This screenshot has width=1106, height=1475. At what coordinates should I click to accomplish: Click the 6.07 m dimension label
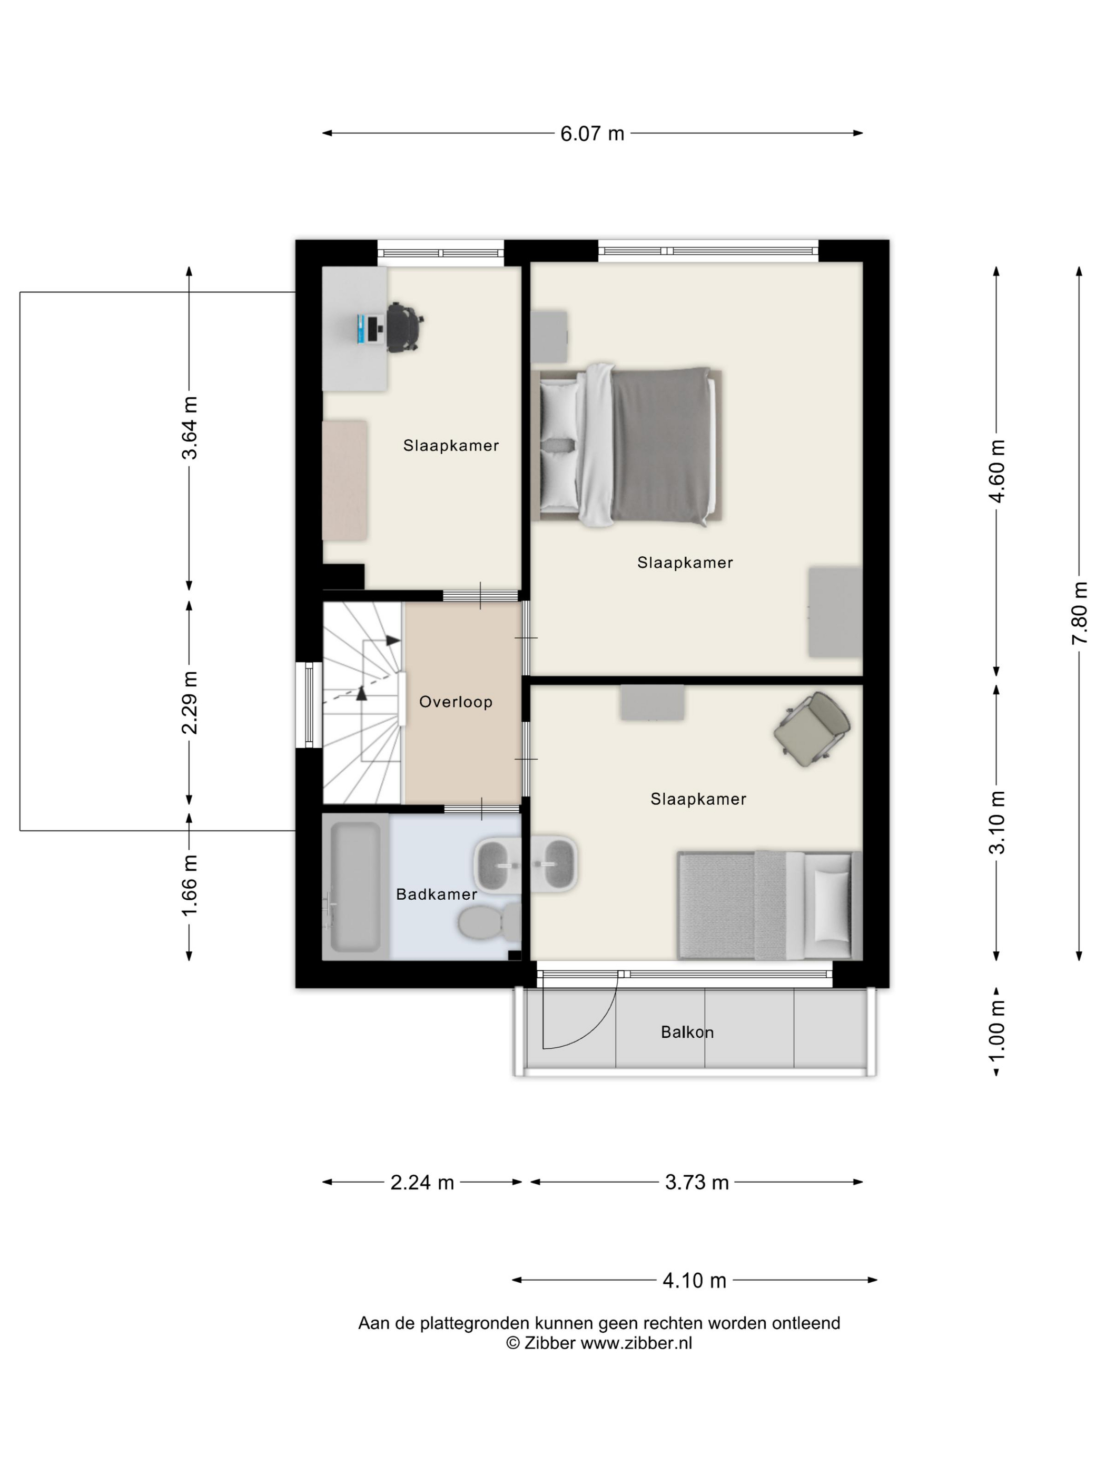[591, 133]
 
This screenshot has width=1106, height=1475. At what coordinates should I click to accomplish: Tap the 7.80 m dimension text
[1079, 612]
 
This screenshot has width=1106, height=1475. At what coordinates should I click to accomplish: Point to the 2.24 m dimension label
[422, 1182]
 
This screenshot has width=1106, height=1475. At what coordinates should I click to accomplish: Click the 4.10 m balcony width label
[694, 1280]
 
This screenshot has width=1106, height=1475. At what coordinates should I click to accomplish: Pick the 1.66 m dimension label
[190, 885]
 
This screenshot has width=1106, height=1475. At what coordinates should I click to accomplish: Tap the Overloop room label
[456, 702]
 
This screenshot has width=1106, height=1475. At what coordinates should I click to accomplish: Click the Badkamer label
[437, 894]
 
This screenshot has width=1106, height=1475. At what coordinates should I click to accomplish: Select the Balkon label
[687, 1032]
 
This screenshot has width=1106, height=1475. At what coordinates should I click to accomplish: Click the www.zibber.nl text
[636, 1343]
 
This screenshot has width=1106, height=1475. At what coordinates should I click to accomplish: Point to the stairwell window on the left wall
[309, 704]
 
